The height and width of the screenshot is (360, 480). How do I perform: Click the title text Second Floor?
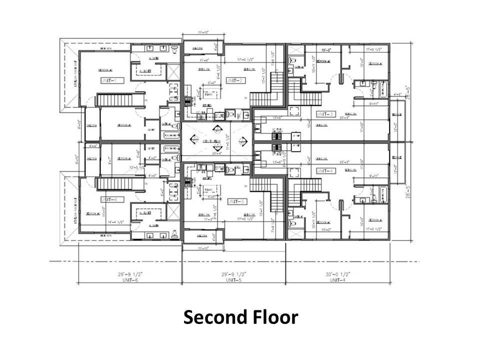[x=240, y=317]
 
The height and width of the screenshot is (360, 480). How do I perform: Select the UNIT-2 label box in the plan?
[x=233, y=80]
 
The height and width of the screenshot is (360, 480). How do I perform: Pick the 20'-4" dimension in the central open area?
[x=217, y=153]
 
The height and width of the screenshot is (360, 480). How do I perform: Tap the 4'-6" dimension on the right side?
[x=398, y=93]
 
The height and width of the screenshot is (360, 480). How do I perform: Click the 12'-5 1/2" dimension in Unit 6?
[x=135, y=167]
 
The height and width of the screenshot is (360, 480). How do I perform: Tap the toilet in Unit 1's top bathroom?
[x=174, y=50]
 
